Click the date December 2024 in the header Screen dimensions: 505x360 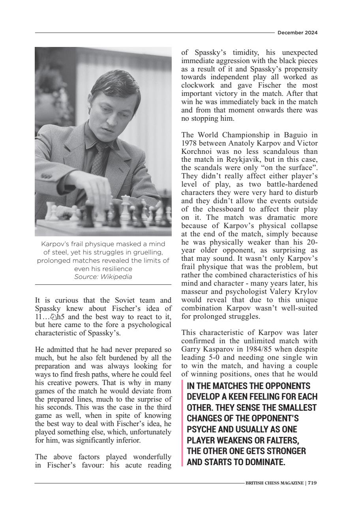click(298, 33)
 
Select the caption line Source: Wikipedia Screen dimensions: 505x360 click(103, 277)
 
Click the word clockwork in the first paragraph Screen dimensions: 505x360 click(197, 85)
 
